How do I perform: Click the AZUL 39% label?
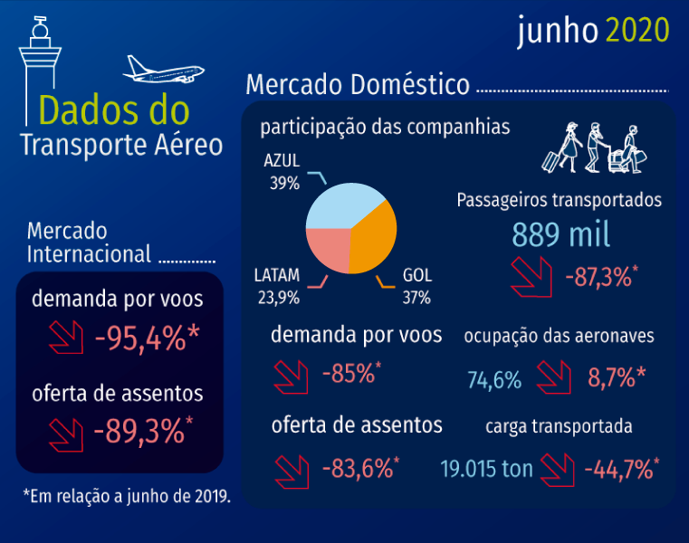[x=282, y=171]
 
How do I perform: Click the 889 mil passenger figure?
[x=560, y=235]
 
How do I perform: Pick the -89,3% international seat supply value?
[x=142, y=431]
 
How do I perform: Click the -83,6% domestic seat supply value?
[x=359, y=468]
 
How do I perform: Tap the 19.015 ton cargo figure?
[x=487, y=470]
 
